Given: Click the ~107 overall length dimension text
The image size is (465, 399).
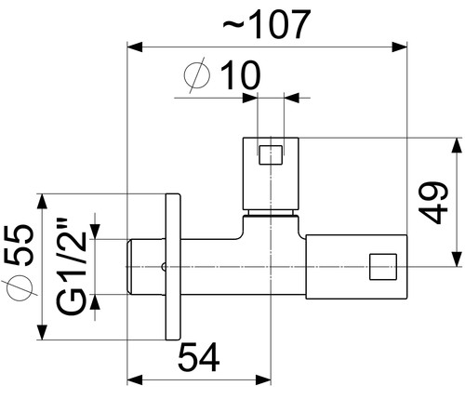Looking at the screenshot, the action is pyautogui.click(x=267, y=24).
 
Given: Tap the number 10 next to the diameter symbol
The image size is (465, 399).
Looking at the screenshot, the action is pyautogui.click(x=241, y=75).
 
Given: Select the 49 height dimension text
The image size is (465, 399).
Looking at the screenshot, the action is pyautogui.click(x=433, y=203).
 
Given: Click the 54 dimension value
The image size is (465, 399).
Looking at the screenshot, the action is pyautogui.click(x=199, y=357).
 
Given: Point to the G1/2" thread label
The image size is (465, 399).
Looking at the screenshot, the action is pyautogui.click(x=72, y=267).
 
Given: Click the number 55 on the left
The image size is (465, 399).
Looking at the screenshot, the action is pyautogui.click(x=19, y=246).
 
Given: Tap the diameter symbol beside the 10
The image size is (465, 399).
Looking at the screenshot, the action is pyautogui.click(x=197, y=75).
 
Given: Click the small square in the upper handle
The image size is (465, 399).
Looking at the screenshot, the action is pyautogui.click(x=271, y=155).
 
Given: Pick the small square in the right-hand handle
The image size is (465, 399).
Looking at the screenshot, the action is pyautogui.click(x=383, y=267).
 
